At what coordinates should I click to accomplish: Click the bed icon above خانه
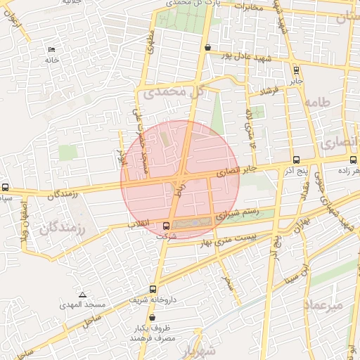pos(51,49)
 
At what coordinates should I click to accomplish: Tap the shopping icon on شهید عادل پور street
pos(207,48)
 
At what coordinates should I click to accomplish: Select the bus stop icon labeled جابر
pos(296,70)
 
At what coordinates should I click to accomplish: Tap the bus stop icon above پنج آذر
pos(295,160)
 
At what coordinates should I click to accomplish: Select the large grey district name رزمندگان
pos(62,228)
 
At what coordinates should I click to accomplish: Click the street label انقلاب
pos(138,225)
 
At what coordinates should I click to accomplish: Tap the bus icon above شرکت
pos(167,226)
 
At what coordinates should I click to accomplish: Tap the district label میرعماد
pos(324,305)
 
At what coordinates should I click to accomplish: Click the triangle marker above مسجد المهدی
pos(83,295)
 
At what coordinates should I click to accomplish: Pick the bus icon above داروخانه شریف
pos(153,289)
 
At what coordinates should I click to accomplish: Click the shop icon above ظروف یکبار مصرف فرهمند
pos(152,318)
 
